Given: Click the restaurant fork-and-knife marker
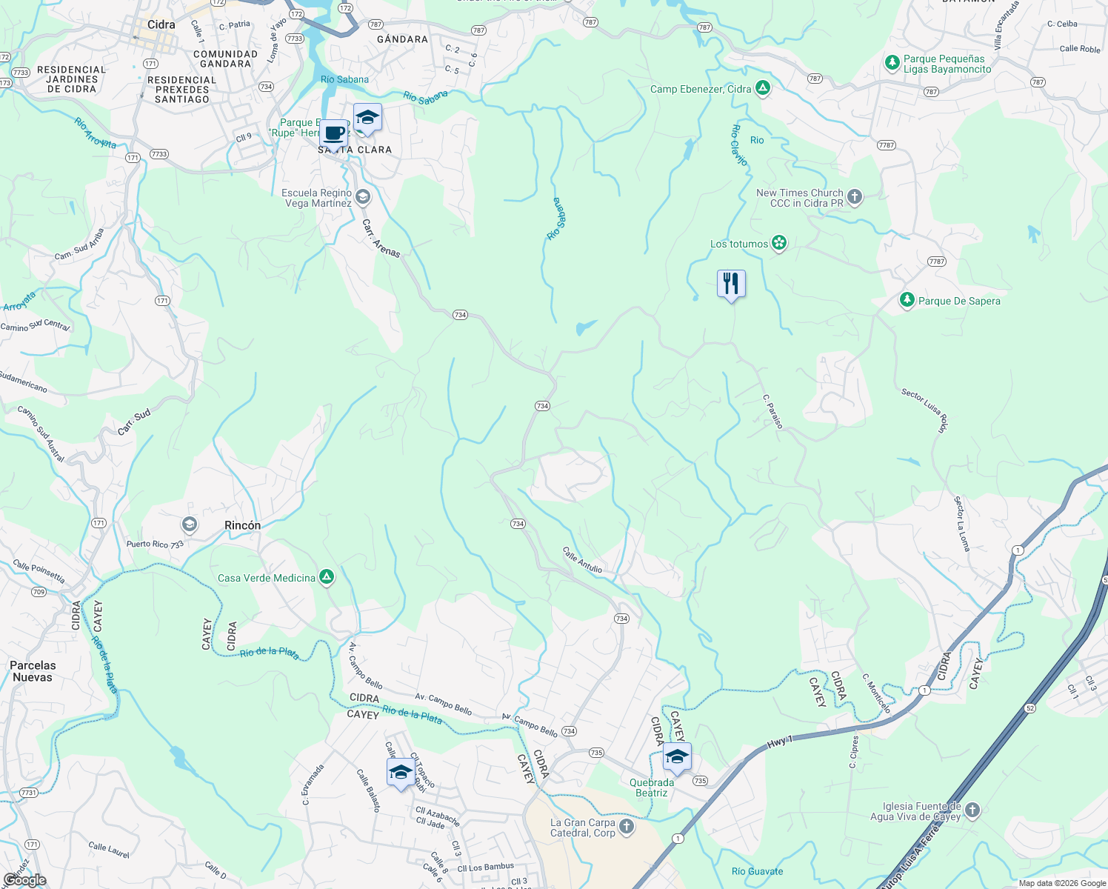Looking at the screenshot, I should click(731, 284).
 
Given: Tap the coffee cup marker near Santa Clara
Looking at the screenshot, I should click(334, 134).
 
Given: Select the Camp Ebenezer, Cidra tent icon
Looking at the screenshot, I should click(763, 89).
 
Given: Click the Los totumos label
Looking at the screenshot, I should click(738, 244).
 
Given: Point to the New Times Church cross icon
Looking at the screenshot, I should click(855, 197).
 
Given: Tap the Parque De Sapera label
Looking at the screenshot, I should click(958, 301).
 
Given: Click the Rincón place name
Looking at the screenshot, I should click(242, 525).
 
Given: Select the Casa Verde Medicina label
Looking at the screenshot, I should click(267, 578).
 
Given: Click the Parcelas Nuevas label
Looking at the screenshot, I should click(33, 671).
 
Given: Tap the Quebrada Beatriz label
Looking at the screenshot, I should click(652, 788).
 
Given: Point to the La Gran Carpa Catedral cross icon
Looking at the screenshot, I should click(627, 827).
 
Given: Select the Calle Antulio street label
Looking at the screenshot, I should click(582, 559).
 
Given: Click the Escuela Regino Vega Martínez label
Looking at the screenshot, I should click(317, 198).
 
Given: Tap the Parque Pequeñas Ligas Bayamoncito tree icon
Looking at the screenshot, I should click(892, 63).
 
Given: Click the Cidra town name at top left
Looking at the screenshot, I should click(161, 24).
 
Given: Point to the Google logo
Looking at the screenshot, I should click(25, 880).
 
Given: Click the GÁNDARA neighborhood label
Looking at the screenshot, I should click(402, 39).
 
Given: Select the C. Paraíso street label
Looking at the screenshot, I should click(772, 411).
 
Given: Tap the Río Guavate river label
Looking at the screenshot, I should click(757, 871).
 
